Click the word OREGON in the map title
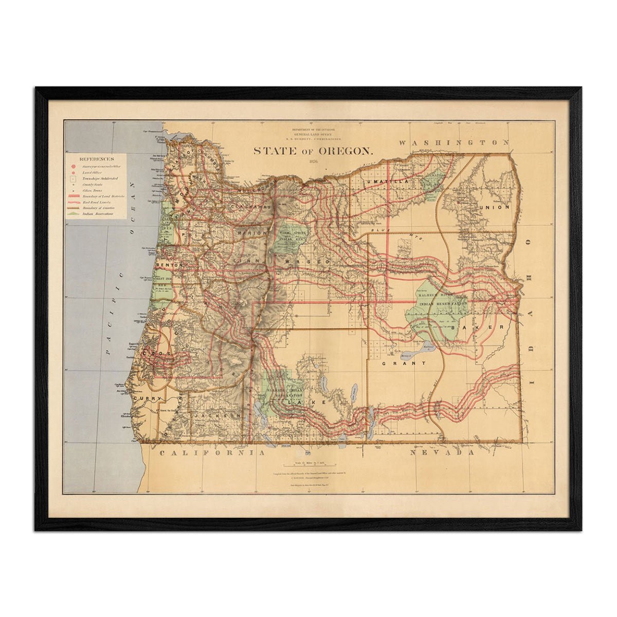click(x=346, y=151)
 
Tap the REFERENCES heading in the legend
click(x=97, y=159)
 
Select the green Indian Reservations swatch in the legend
click(x=74, y=213)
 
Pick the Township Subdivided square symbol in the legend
click(x=74, y=178)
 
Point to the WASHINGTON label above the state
click(x=455, y=142)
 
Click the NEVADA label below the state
click(x=443, y=453)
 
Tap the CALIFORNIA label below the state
click(x=212, y=453)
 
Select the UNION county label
click(x=495, y=207)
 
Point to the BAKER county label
click(x=473, y=327)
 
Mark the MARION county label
click(x=252, y=233)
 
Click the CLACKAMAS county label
click(x=250, y=206)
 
